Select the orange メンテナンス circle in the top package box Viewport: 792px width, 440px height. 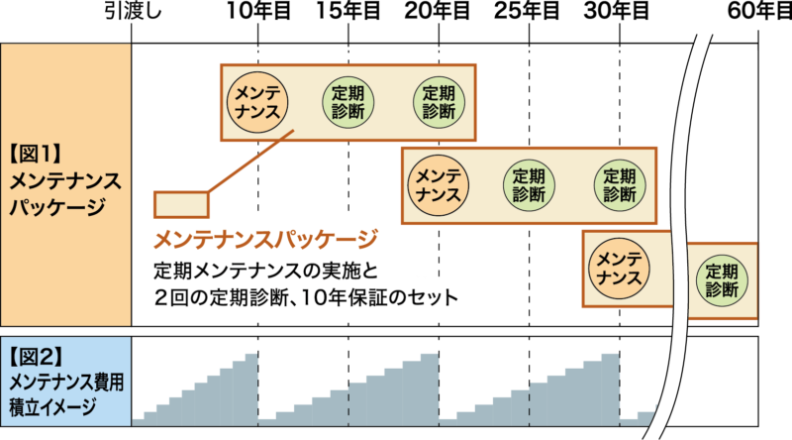[x=257, y=101]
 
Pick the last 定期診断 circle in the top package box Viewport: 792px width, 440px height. [x=438, y=101]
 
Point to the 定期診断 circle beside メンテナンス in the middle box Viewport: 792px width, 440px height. [x=528, y=185]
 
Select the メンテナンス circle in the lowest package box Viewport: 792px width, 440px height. [x=619, y=266]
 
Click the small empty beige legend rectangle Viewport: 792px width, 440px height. [x=181, y=204]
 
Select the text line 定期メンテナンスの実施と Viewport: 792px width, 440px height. [x=266, y=270]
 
